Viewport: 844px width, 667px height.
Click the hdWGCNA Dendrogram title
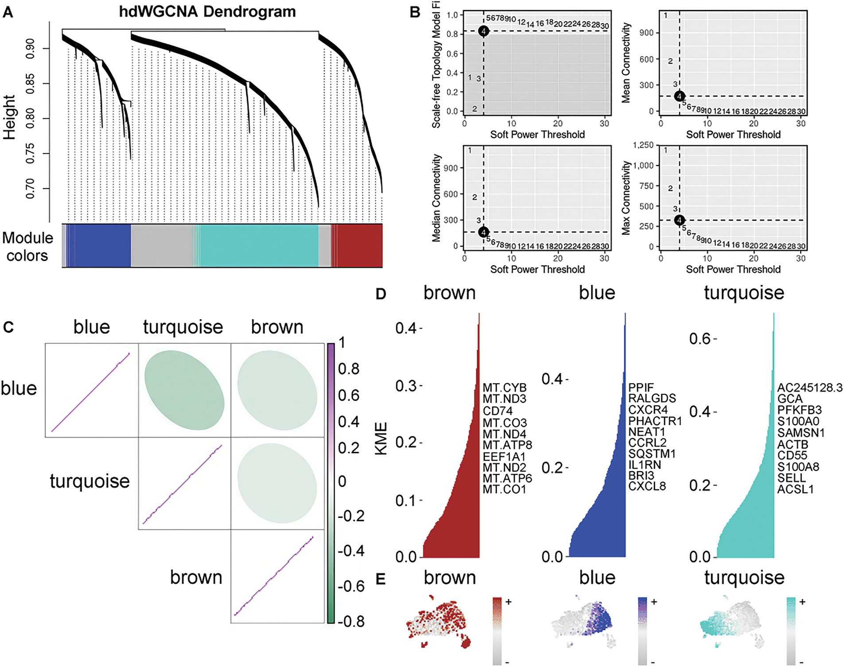point(207,12)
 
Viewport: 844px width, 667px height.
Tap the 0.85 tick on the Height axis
point(30,84)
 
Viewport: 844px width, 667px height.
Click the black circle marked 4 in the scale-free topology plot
point(483,31)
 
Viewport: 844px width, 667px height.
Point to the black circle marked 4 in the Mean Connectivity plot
point(679,96)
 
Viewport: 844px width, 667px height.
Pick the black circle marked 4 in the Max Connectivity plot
point(679,220)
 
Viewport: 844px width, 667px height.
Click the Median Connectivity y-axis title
point(437,198)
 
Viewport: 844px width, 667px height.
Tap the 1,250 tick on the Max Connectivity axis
point(643,145)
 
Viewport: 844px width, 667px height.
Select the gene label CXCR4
point(648,410)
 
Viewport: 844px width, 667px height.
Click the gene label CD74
point(498,411)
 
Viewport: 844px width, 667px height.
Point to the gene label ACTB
point(793,444)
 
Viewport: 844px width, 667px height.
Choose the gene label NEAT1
point(647,432)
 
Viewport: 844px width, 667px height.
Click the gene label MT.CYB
point(504,388)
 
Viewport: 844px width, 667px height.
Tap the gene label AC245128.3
point(809,388)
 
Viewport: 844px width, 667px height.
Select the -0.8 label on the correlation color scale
point(351,621)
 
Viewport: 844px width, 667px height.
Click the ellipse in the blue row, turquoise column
point(184,390)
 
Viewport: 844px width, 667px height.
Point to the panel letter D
point(381,294)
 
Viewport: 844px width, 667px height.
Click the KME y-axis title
point(381,438)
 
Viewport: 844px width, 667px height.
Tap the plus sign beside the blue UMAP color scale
point(653,601)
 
